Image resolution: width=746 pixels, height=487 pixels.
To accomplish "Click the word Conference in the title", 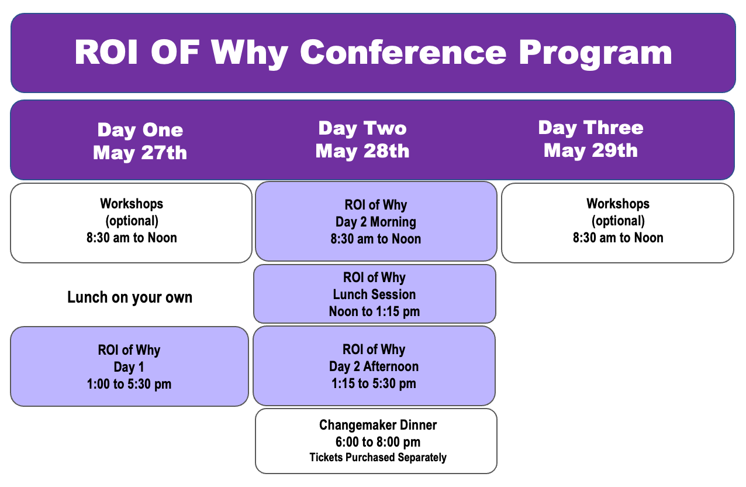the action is (x=403, y=52).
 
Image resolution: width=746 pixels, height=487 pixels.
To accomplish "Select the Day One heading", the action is (x=140, y=130).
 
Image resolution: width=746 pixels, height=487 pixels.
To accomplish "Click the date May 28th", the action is (x=362, y=152).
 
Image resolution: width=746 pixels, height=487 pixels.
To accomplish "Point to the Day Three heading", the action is (x=591, y=128).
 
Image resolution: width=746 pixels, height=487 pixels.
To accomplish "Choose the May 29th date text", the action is (x=591, y=150).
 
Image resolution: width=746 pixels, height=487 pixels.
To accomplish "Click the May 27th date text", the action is (x=140, y=153).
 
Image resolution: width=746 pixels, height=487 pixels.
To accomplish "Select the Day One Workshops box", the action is (x=131, y=223).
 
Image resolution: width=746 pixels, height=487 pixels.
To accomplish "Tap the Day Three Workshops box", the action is (x=618, y=223).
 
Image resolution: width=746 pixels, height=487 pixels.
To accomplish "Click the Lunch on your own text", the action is (x=130, y=297).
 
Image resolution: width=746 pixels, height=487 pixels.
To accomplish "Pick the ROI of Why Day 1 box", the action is (x=130, y=366).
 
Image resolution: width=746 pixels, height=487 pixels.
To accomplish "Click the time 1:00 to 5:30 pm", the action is (x=129, y=384).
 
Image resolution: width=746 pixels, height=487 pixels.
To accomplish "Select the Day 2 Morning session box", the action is (x=377, y=221).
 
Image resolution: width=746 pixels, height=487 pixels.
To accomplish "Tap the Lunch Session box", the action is (x=375, y=294).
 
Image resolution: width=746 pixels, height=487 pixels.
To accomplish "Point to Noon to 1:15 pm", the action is (x=374, y=311).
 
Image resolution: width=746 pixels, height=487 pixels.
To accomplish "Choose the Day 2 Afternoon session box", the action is (x=374, y=366).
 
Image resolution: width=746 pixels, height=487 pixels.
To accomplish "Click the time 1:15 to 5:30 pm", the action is (x=374, y=383).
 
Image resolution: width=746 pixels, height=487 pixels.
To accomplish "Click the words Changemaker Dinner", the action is (x=378, y=425).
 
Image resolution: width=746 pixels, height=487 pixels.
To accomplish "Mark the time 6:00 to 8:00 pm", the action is (x=378, y=442).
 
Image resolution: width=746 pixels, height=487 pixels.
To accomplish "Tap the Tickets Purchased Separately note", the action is (x=378, y=457).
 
